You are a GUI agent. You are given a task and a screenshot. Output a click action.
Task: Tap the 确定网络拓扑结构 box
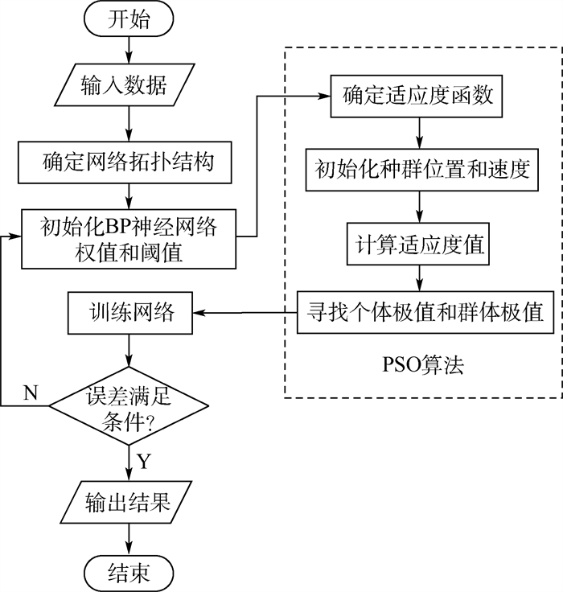(x=128, y=164)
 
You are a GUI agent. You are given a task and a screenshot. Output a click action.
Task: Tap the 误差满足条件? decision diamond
(x=128, y=406)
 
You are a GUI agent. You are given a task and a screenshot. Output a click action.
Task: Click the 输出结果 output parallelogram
(x=128, y=503)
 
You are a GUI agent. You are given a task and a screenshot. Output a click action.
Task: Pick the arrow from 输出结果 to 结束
(x=128, y=538)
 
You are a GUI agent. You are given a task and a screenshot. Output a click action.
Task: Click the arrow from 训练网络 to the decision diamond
(x=128, y=352)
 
